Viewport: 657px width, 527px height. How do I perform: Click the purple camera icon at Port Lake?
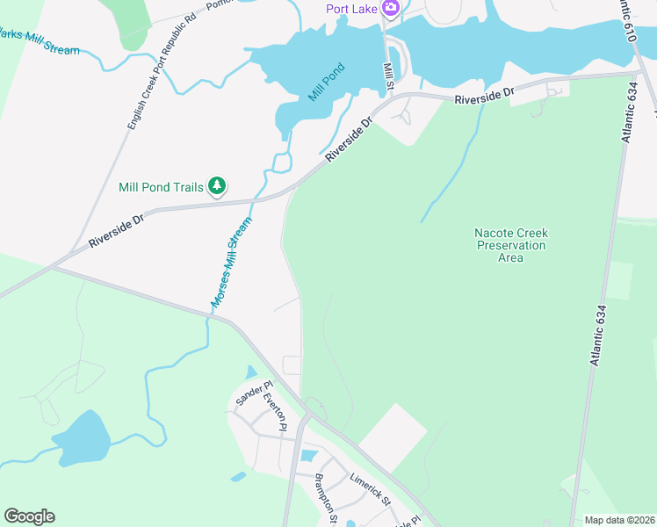coord(390,9)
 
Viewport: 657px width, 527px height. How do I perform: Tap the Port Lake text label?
coord(353,9)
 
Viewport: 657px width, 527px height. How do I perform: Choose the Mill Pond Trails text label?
coord(161,187)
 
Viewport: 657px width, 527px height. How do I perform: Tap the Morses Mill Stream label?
coord(231,262)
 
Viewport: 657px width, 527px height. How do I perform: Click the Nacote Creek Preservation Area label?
coord(510,245)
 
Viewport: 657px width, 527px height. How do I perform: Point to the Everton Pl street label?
coord(276,412)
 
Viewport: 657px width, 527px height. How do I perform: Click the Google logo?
coord(29,516)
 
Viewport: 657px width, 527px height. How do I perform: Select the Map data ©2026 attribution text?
coord(618,520)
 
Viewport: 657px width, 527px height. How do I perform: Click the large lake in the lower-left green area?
coord(81,438)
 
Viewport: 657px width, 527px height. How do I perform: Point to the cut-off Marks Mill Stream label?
coord(40,42)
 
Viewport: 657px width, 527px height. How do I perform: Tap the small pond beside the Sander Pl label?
coord(252,372)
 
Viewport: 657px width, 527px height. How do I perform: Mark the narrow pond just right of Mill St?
coord(394,62)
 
